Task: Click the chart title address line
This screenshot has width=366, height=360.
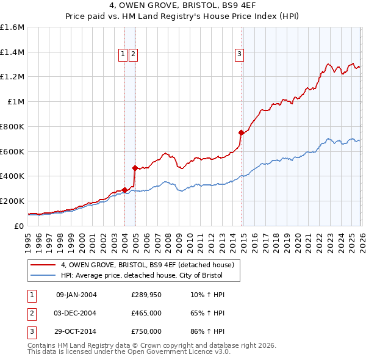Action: (x=182, y=7)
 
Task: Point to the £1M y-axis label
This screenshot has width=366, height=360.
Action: (x=16, y=102)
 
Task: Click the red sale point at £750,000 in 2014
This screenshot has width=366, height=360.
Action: (x=241, y=132)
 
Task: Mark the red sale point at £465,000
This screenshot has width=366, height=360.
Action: (x=135, y=168)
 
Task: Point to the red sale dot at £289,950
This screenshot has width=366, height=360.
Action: (x=124, y=190)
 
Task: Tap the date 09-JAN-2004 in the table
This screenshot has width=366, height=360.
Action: (x=76, y=295)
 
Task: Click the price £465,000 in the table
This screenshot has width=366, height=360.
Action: (x=146, y=313)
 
